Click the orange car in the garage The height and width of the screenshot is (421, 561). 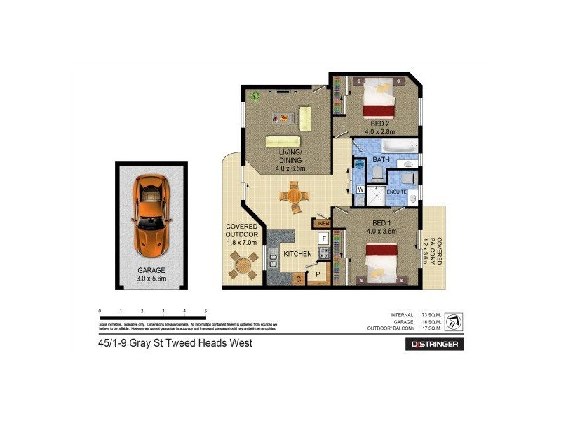click(151, 215)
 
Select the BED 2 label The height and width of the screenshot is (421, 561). click(383, 124)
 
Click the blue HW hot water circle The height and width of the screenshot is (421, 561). click(360, 165)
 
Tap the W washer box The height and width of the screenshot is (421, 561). click(360, 189)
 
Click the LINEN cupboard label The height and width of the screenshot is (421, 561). click(321, 224)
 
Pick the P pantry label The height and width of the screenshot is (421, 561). click(318, 274)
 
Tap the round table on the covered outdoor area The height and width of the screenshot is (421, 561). click(243, 266)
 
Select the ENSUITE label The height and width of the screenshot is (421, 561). click(396, 191)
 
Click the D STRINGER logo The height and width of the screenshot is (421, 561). click(435, 344)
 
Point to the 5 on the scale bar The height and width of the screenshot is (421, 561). click(205, 310)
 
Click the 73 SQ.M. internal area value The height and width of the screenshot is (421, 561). click(429, 314)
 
